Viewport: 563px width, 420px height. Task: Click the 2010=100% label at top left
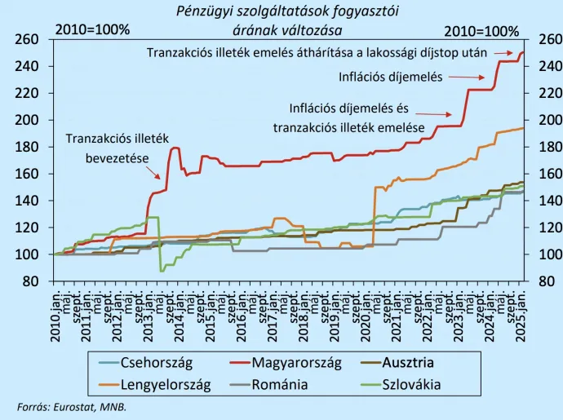coord(92,30)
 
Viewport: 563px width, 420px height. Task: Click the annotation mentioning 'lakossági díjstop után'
coord(317,51)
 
